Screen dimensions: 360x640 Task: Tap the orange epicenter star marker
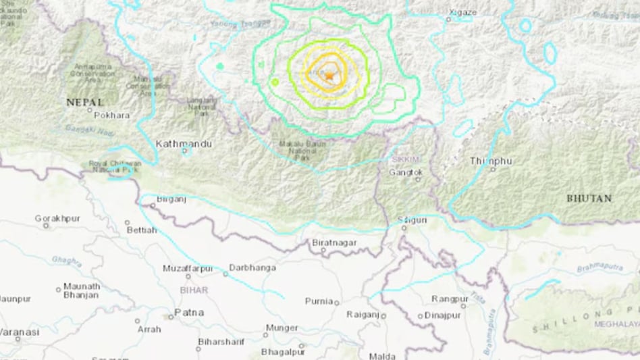pos(329,76)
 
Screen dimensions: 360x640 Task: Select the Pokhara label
pos(111,115)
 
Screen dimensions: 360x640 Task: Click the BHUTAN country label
pos(589,199)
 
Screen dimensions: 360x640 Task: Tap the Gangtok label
pos(406,172)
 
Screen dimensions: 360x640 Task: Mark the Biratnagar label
pos(334,242)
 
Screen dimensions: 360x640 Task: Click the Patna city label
pos(189,313)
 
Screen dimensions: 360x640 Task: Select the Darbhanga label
pos(252,268)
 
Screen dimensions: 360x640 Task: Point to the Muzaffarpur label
pos(187,268)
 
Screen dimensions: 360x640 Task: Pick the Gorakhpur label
pos(57,218)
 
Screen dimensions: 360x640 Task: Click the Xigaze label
pos(463,11)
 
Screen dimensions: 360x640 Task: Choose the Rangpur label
pos(450,299)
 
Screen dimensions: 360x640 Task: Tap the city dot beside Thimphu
pos(492,169)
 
